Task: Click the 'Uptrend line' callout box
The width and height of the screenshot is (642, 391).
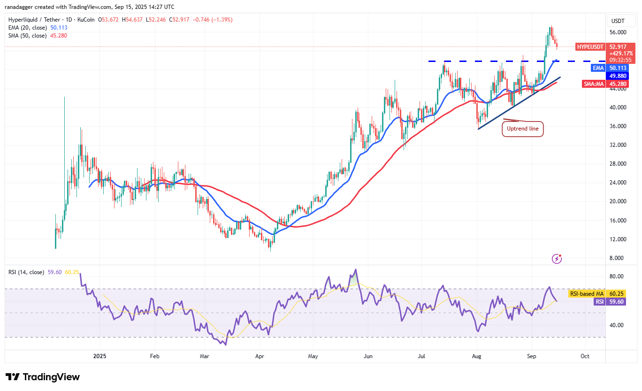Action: [x=523, y=129]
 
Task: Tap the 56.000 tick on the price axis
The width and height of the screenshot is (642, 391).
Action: [x=618, y=32]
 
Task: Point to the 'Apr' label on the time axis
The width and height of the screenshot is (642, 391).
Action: [x=260, y=356]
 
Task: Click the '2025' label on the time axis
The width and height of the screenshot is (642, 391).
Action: [x=99, y=356]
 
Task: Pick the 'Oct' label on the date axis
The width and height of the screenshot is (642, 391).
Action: [x=585, y=356]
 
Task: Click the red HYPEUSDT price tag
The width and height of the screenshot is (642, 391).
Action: [x=591, y=47]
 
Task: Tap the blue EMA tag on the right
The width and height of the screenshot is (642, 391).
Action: [x=598, y=68]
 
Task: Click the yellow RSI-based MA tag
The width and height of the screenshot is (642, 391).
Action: [x=587, y=294]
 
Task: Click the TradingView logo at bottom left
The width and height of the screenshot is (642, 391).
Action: [x=43, y=377]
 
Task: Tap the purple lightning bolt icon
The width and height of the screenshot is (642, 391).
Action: [x=557, y=258]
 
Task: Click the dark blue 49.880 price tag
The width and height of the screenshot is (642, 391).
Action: [x=618, y=76]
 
